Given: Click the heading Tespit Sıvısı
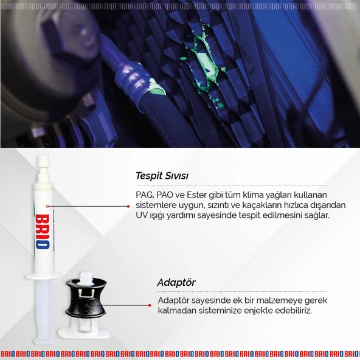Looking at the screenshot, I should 162,176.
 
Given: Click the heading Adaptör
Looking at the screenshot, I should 176,283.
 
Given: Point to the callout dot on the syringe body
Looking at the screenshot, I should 47,206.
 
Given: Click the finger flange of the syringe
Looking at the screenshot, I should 43,277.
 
